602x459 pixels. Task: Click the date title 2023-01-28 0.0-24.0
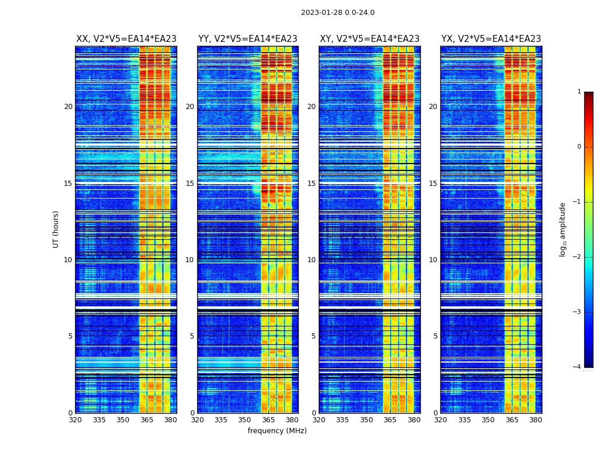pos(338,13)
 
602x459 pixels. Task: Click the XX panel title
pos(126,39)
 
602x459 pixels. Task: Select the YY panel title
pos(248,39)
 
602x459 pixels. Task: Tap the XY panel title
pos(369,39)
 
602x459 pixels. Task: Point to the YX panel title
pos(491,39)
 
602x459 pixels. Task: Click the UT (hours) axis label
pos(56,229)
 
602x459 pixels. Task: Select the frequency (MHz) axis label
pos(277,431)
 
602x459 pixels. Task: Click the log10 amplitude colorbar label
pos(562,229)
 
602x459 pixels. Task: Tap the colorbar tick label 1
pos(578,92)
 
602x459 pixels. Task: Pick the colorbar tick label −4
pos(577,367)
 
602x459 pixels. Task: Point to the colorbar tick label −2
pos(577,257)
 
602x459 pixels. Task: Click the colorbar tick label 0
pos(578,147)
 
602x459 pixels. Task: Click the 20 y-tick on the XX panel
pos(68,107)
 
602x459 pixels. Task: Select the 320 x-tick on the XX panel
pos(75,420)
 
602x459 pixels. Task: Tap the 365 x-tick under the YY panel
pos(268,420)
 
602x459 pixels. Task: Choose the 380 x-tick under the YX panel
pos(535,420)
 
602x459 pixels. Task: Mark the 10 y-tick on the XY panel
pos(311,260)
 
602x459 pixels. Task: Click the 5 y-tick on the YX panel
pos(435,336)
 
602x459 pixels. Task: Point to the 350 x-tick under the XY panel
pos(366,420)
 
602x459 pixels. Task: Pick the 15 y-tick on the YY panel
pos(190,184)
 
